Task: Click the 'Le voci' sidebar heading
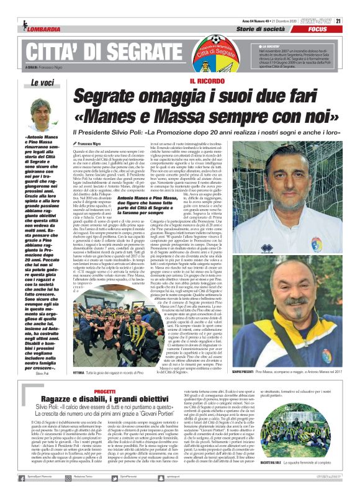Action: [43, 83]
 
